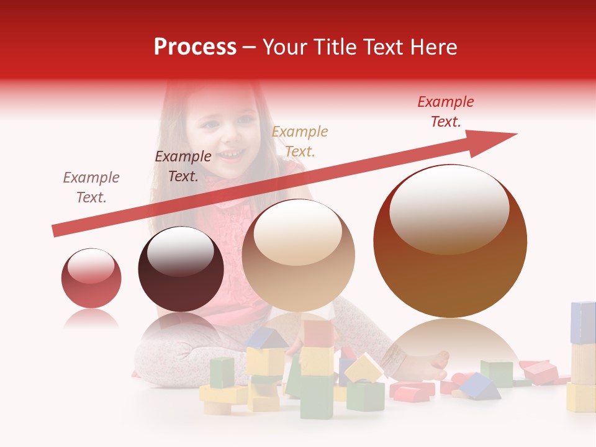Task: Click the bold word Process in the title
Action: tap(195, 47)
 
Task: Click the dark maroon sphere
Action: tap(181, 269)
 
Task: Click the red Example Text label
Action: tap(445, 112)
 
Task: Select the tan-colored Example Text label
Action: tap(300, 141)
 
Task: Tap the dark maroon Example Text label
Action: tap(183, 166)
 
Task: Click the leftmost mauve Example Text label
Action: tap(91, 187)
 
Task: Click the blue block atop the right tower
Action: tap(583, 322)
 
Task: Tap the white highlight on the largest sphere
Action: tap(449, 208)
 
